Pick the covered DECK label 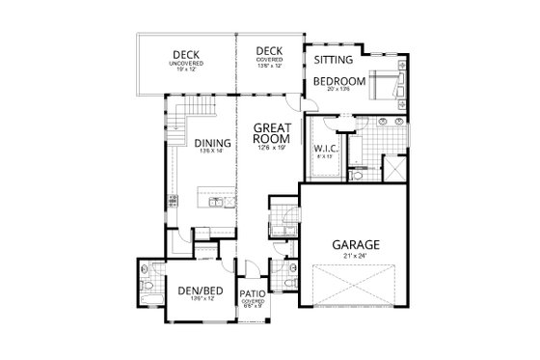click(269, 53)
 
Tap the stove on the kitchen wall click(173, 203)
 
